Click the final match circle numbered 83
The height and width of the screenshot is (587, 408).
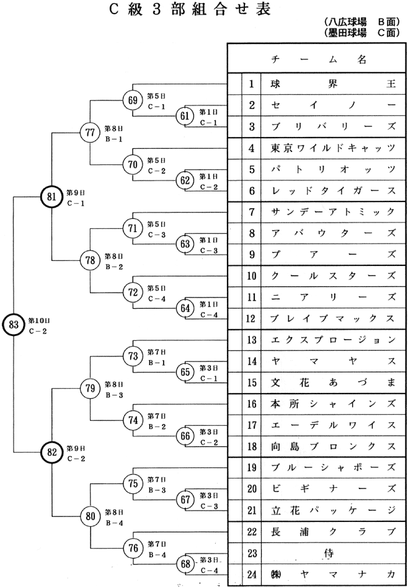[14, 325]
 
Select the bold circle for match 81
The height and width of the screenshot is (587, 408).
[51, 196]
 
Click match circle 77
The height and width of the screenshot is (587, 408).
[91, 132]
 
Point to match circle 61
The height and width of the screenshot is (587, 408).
[185, 116]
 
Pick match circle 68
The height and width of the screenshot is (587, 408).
[185, 565]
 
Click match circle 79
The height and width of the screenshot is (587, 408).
[91, 389]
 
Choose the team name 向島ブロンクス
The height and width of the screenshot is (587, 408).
[332, 446]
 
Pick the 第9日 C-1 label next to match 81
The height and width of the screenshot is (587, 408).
[76, 196]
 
